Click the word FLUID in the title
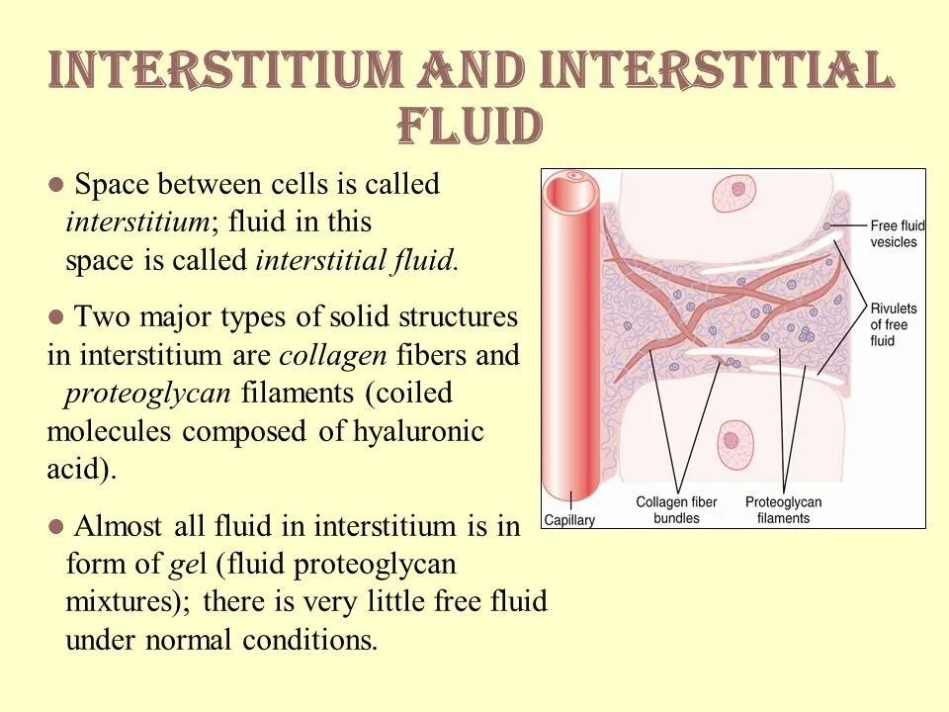(470, 126)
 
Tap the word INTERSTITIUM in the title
(225, 68)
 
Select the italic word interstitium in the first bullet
(138, 222)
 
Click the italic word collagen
(333, 355)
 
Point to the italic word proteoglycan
(147, 394)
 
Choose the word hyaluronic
(418, 431)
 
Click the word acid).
(81, 469)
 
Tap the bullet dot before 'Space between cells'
(55, 184)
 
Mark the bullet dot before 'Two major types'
(55, 316)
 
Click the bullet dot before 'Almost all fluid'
(55, 526)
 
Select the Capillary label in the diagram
(569, 520)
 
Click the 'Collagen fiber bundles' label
(676, 510)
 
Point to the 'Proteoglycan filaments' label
(783, 510)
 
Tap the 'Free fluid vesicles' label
(898, 233)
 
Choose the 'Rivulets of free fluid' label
(894, 324)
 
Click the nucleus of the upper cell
(739, 189)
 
